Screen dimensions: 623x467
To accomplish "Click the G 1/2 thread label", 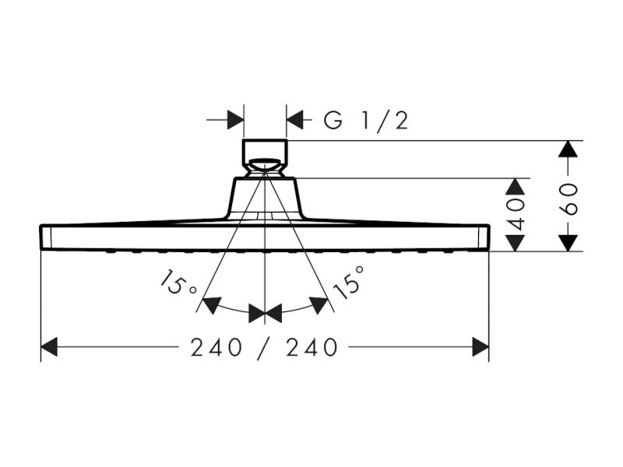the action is pyautogui.click(x=366, y=121).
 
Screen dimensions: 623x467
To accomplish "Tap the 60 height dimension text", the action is pyautogui.click(x=569, y=199).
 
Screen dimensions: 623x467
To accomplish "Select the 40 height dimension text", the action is pyautogui.click(x=516, y=215).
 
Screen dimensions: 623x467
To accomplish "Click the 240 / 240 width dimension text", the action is pyautogui.click(x=264, y=347).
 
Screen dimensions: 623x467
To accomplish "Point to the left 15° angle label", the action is pyautogui.click(x=179, y=283).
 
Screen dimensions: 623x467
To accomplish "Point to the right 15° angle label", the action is pyautogui.click(x=349, y=283).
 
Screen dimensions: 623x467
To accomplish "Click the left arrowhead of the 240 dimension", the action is pyautogui.click(x=49, y=346).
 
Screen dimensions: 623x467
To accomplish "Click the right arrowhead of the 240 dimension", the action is pyautogui.click(x=480, y=346).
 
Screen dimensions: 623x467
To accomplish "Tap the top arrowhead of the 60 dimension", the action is pyautogui.click(x=568, y=149).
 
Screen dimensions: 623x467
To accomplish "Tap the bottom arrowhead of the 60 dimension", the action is pyautogui.click(x=568, y=243).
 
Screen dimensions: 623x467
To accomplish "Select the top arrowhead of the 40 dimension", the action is pyautogui.click(x=516, y=187).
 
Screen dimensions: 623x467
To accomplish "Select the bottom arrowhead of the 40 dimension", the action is pyautogui.click(x=516, y=243).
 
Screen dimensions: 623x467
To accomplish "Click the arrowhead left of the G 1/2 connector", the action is pyautogui.click(x=236, y=120).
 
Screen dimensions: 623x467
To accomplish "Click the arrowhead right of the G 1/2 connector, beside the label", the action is pyautogui.click(x=295, y=120).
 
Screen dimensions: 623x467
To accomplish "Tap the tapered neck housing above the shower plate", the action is pyautogui.click(x=265, y=198).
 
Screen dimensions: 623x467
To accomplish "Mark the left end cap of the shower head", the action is pyautogui.click(x=45, y=237).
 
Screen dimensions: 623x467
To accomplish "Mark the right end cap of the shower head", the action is pyautogui.click(x=484, y=237).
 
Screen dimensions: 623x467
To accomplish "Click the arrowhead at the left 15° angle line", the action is pyautogui.click(x=212, y=304).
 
